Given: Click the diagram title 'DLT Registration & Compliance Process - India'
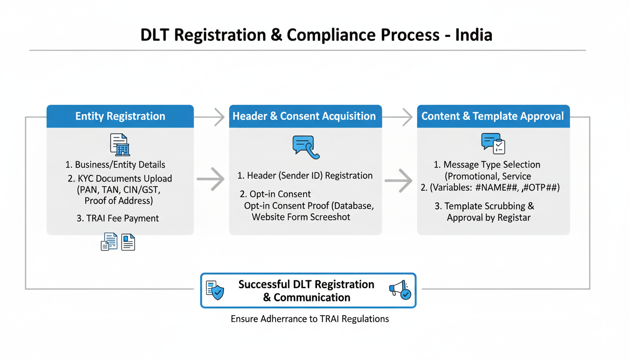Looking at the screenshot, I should pos(316,35).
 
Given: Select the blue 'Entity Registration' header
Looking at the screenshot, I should pos(120,116).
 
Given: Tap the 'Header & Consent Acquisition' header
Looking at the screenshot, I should pos(305,116).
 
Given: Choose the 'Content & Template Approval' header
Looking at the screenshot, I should pos(493,116).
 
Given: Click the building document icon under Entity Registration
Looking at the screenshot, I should pos(120,144).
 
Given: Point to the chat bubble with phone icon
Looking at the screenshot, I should pos(306,147).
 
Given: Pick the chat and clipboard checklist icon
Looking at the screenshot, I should pos(493,143).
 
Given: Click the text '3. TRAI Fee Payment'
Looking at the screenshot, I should pos(118,218).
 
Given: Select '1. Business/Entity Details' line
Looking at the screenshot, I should pos(115,165).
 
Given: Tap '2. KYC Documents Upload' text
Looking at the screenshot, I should pos(120,179).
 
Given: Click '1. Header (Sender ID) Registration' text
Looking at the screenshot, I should pos(305,176).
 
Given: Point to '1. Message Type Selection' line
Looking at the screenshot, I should pos(487,165).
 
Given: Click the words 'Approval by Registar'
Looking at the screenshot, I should pos(488,218).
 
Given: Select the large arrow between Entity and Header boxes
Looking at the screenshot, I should pos(211,180).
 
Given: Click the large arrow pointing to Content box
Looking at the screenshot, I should pos(398,180).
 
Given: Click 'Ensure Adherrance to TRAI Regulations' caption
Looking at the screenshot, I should pos(310,319).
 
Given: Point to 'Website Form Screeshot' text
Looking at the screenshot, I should pos(301,217).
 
